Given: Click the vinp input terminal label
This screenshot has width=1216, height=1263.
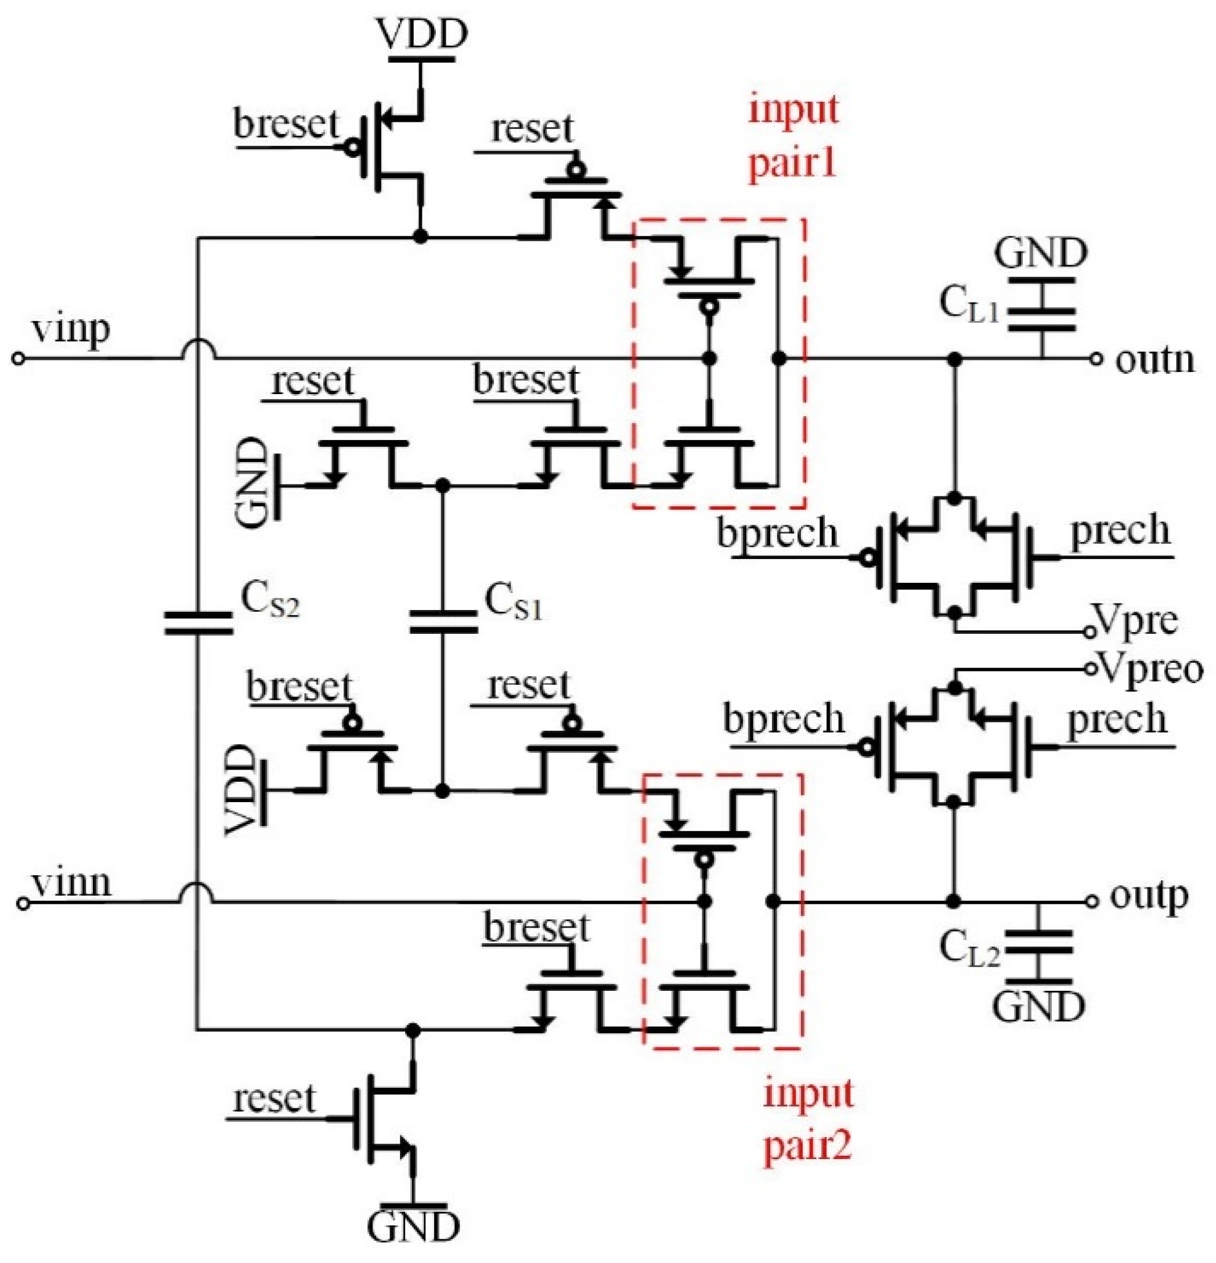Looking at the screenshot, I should coord(71,330).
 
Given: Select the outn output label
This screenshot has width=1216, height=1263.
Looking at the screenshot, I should coord(1155,359).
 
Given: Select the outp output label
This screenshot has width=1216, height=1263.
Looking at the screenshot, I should coord(1148,897).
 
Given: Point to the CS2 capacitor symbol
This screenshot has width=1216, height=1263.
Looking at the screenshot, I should coord(197,622).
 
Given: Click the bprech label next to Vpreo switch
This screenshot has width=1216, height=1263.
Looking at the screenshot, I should coord(783,719).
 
